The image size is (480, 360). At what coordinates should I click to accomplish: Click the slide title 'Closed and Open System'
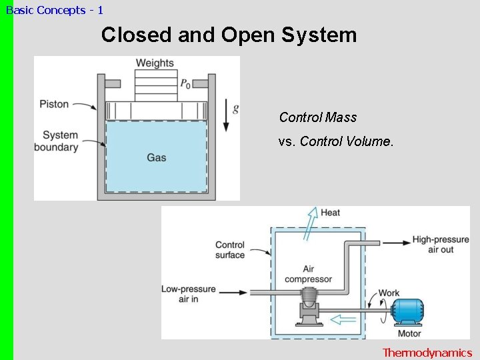[x=229, y=35]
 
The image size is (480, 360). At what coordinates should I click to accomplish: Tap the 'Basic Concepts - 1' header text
[x=54, y=10]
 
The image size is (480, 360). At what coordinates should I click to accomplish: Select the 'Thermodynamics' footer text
[x=427, y=353]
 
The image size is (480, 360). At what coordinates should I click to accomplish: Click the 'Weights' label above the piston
[x=155, y=63]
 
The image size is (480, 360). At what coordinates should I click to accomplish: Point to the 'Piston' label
[x=54, y=104]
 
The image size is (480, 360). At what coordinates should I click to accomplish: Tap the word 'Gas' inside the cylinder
[x=156, y=158]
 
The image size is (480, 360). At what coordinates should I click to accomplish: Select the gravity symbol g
[x=235, y=109]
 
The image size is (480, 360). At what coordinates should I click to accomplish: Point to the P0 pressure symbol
[x=185, y=84]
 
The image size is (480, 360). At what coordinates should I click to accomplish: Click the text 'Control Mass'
[x=318, y=117]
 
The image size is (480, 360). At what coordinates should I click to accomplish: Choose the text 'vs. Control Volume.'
[x=336, y=141]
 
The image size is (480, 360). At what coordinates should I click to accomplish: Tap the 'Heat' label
[x=330, y=213]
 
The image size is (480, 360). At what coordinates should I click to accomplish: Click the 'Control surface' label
[x=230, y=249]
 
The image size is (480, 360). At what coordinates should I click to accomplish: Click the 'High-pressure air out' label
[x=441, y=245]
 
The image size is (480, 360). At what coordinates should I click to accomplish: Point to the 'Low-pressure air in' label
[x=189, y=295]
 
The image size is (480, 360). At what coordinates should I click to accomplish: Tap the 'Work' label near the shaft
[x=389, y=293]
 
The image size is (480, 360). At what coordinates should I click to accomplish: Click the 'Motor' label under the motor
[x=409, y=333]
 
